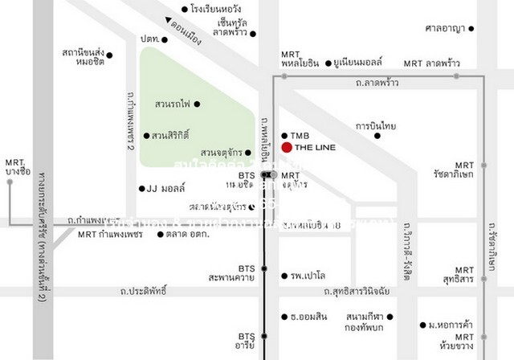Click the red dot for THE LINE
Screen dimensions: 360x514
pos(287,147)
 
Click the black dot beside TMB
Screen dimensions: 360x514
pos(284,135)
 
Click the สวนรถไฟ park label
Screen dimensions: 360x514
pos(170,104)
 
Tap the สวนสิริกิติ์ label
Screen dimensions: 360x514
pos(170,135)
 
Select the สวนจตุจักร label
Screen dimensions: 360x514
pos(222,153)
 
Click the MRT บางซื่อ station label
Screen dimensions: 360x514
pos(18,166)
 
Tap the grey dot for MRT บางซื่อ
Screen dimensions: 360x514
pos(10,182)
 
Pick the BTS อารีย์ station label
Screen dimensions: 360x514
pos(246,341)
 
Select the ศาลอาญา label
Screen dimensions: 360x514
pos(444,29)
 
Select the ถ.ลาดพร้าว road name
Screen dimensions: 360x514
pos(377,83)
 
